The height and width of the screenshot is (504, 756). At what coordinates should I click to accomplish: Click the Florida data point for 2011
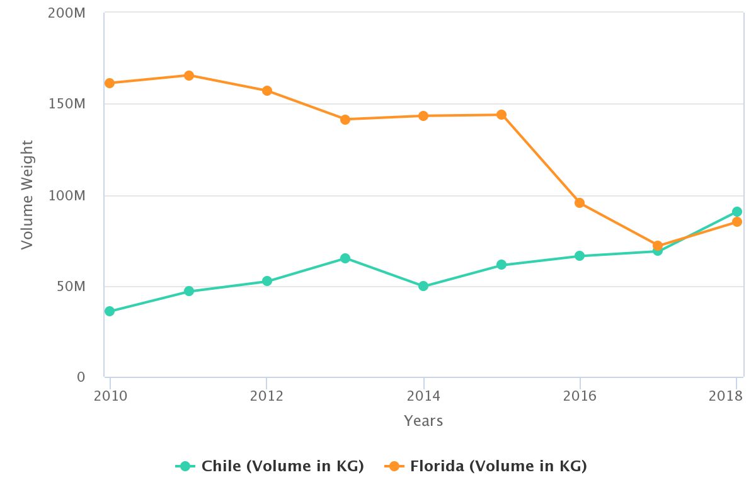(x=188, y=76)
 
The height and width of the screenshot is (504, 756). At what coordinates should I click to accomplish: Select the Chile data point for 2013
(x=345, y=258)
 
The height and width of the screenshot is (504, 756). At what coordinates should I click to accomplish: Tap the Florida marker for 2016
(x=580, y=203)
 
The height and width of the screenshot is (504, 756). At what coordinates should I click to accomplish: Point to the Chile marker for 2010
(x=110, y=311)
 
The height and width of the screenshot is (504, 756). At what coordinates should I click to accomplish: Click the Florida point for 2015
(x=501, y=115)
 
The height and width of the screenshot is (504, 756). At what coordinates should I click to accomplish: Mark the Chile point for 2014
(x=423, y=286)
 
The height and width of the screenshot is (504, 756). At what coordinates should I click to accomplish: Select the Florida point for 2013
(x=345, y=120)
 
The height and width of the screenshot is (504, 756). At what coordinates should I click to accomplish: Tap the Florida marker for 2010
(x=110, y=83)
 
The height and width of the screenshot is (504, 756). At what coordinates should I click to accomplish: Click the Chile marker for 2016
(x=580, y=256)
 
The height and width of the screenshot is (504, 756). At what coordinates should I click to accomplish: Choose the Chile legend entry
(x=270, y=466)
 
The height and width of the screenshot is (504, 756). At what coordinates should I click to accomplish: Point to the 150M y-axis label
(x=67, y=104)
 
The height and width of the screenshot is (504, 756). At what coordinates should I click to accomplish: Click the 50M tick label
(x=71, y=286)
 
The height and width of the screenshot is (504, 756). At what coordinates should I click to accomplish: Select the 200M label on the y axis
(x=67, y=13)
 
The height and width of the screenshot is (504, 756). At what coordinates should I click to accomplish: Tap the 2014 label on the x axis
(x=423, y=396)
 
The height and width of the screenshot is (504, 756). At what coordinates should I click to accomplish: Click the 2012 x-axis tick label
(x=266, y=396)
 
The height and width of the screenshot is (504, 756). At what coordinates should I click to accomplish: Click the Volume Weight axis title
(x=26, y=195)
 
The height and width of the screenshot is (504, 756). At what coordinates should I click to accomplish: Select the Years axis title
(x=423, y=421)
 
